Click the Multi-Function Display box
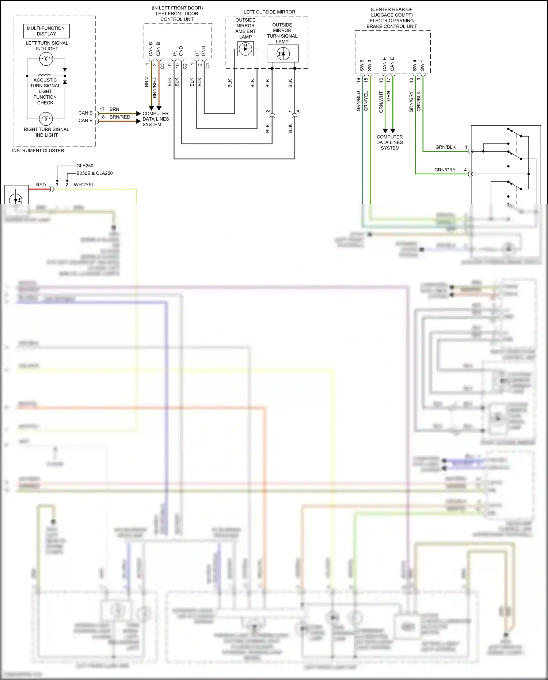pos(46,31)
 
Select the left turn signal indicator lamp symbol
pos(46,59)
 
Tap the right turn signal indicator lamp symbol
pos(46,119)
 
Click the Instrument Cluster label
pos(38,151)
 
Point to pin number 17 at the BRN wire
pos(102,109)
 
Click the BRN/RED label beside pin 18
pos(120,117)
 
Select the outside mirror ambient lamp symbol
pos(246,49)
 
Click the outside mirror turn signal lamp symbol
pos(283,54)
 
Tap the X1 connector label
pos(298,110)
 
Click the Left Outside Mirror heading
pos(269,12)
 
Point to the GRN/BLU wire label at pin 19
pos(358,101)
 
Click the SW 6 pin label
pos(362,66)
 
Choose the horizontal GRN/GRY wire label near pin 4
pos(445,170)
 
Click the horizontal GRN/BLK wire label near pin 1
pos(445,147)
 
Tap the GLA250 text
pos(85,166)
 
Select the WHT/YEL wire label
pos(84,185)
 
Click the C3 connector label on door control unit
pos(162,66)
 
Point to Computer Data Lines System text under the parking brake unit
pos(390,143)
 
